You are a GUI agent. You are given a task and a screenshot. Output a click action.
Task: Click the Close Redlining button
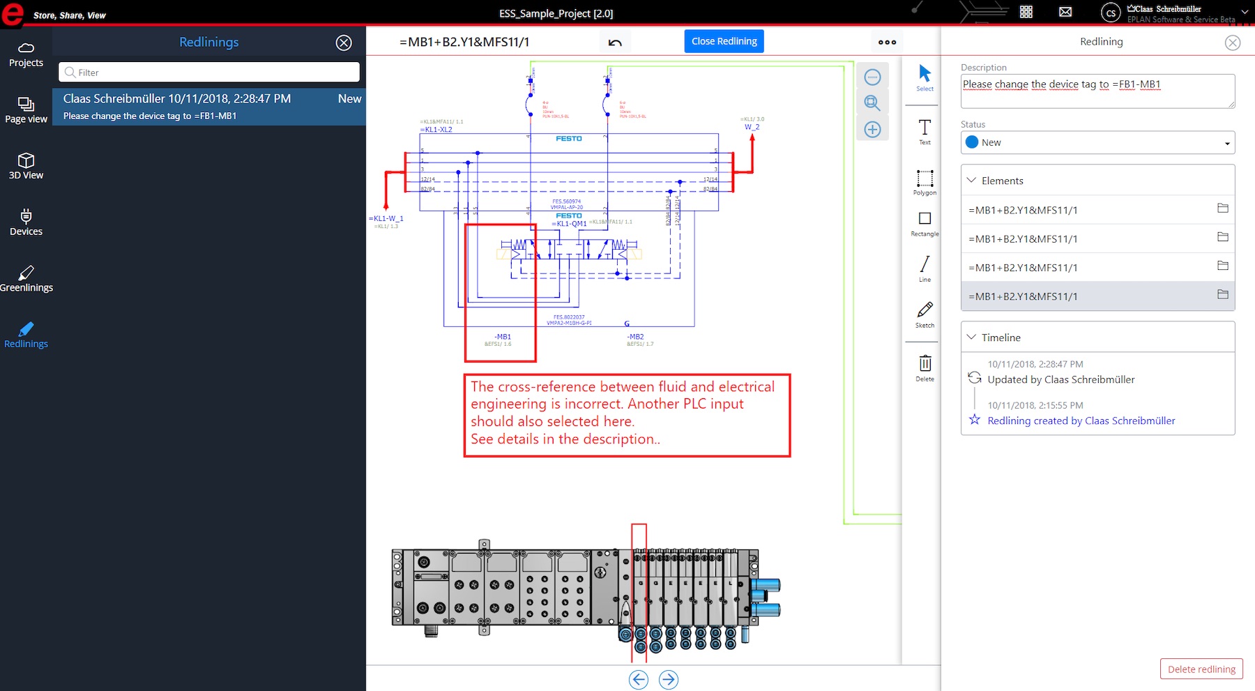pos(724,41)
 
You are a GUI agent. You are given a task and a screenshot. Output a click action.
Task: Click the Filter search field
pos(209,73)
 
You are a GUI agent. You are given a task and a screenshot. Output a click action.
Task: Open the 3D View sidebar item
pos(26,166)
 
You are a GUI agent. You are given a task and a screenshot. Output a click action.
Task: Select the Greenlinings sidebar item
pos(26,278)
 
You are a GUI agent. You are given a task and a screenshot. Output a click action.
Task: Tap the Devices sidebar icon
pos(26,222)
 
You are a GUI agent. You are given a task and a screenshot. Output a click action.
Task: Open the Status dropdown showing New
pos(1097,142)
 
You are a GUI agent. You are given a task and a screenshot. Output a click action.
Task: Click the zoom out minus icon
pos(872,77)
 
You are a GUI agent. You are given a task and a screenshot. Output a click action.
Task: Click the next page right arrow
pos(668,679)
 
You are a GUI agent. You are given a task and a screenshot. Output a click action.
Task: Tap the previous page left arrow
pos(639,679)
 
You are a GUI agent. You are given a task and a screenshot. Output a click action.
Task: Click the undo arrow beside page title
pos(615,43)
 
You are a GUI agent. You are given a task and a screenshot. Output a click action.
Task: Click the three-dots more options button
pos(887,43)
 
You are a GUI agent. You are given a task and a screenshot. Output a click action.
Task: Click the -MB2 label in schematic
pos(636,337)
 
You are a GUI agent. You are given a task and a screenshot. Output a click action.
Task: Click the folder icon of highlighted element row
pos(1222,295)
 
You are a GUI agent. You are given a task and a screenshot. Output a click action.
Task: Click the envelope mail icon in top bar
pos(1065,12)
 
